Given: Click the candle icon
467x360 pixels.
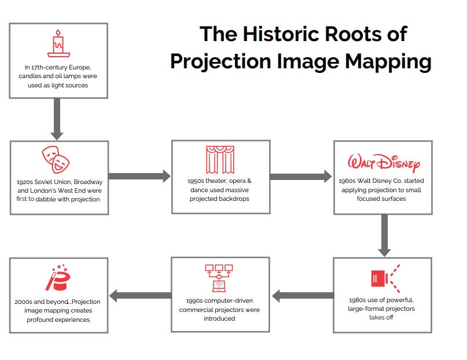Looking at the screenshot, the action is click(58, 43).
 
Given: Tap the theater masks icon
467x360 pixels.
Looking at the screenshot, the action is click(56, 160).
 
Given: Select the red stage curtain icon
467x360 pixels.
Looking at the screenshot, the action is click(220, 160).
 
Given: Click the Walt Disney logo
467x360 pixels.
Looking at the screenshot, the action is click(384, 163).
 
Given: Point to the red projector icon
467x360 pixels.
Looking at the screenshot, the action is click(385, 278).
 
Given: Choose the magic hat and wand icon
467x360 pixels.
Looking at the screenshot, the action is click(58, 277).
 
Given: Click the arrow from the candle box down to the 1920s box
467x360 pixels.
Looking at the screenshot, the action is click(57, 119).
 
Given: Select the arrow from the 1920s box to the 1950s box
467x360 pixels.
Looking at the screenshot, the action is click(139, 177).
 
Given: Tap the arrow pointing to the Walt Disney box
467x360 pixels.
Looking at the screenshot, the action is click(301, 177).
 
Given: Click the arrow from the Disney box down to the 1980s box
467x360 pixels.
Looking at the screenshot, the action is click(384, 235).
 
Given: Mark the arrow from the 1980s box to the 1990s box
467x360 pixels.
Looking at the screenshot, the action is click(303, 296).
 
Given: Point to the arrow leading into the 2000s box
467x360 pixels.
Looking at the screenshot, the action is click(140, 296).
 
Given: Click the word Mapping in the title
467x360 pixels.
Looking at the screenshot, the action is click(388, 62).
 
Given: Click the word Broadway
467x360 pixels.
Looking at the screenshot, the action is click(88, 182).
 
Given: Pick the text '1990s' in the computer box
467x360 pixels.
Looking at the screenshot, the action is click(194, 301).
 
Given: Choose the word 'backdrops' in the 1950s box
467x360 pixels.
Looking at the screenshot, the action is click(234, 199).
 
